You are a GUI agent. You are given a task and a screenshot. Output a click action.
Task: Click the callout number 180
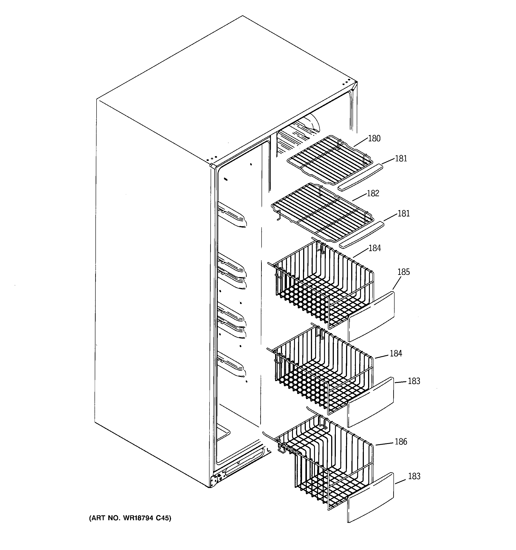click(x=374, y=138)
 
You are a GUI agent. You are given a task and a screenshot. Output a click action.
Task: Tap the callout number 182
click(x=373, y=193)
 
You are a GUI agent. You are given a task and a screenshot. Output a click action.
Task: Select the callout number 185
click(x=403, y=272)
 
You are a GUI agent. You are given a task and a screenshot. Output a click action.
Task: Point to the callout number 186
click(x=401, y=442)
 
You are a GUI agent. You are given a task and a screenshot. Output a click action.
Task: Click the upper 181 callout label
click(x=401, y=158)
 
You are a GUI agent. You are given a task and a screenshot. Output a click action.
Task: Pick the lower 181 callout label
click(x=403, y=214)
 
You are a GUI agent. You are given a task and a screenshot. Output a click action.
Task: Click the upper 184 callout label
click(x=375, y=248)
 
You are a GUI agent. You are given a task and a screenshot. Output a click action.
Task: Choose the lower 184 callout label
click(x=396, y=353)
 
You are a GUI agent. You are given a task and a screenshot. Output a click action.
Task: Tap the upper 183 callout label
click(x=414, y=381)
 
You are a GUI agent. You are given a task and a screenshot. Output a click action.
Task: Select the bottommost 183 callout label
click(x=414, y=476)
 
